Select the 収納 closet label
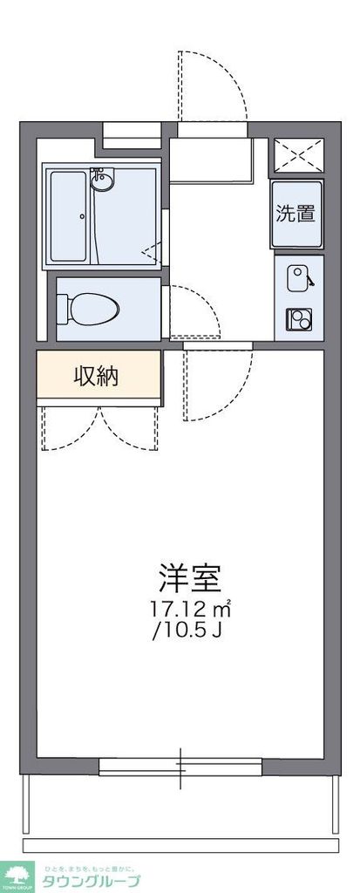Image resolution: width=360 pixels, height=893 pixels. click(x=97, y=377)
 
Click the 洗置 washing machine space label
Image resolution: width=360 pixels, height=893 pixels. click(x=295, y=213)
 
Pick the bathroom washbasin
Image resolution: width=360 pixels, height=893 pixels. click(x=102, y=181)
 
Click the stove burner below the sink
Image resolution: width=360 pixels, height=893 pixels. click(x=296, y=319)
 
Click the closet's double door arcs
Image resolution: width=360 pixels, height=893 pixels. click(x=101, y=427)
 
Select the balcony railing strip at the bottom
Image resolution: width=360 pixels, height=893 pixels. click(x=180, y=845)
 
